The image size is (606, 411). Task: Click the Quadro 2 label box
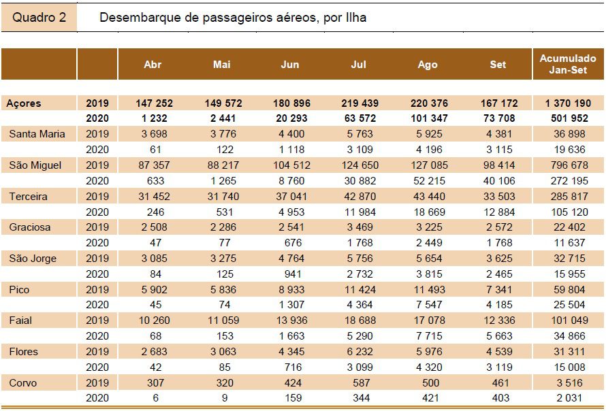coord(39,18)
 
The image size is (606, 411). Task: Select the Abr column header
coord(153,64)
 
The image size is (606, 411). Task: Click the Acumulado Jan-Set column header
coord(568,64)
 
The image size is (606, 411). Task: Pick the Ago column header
coord(428,65)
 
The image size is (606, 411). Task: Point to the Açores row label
coord(24,103)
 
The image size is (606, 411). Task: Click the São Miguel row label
coord(35,165)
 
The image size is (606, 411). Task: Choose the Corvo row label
coord(22,383)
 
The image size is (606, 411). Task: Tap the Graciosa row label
coord(30,227)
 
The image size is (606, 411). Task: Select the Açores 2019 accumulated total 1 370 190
coord(568,103)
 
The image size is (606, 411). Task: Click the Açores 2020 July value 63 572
coord(360,118)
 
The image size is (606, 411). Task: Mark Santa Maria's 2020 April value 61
coord(155,150)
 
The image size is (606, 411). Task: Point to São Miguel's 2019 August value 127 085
coord(429,165)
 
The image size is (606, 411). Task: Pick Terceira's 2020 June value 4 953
coord(293,212)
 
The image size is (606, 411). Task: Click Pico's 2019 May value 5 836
coord(224,290)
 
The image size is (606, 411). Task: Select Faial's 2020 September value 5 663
coord(499,336)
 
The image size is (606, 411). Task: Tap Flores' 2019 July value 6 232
coord(360,352)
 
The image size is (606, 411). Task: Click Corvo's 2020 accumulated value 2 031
coord(570,398)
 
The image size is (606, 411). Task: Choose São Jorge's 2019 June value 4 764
coord(293,259)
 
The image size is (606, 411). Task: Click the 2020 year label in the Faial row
coord(97,336)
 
